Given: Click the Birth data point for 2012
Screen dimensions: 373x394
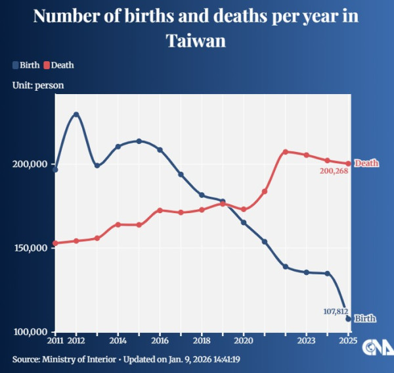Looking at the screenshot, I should pyautogui.click(x=76, y=114).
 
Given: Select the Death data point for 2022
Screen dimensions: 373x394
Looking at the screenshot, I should pyautogui.click(x=286, y=152).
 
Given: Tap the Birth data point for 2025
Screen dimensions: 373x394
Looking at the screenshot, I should pyautogui.click(x=348, y=318).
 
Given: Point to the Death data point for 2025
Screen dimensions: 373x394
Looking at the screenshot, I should pyautogui.click(x=348, y=164).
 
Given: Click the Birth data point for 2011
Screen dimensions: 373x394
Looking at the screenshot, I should pyautogui.click(x=55, y=170).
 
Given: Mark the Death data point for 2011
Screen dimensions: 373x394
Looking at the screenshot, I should pyautogui.click(x=55, y=243).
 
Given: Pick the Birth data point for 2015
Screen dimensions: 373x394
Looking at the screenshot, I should pyautogui.click(x=139, y=141).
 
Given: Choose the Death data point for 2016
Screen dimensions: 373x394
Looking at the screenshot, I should pyautogui.click(x=160, y=211).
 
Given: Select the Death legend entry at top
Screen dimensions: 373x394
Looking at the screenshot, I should pyautogui.click(x=58, y=65).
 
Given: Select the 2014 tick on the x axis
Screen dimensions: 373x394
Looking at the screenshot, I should pyautogui.click(x=118, y=341).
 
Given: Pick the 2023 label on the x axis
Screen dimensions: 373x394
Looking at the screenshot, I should pyautogui.click(x=307, y=341).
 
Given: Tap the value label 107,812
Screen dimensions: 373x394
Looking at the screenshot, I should pyautogui.click(x=335, y=311).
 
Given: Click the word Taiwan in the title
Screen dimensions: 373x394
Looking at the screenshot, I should pyautogui.click(x=196, y=40).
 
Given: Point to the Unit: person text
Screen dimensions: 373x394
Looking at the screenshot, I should pyautogui.click(x=37, y=85).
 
